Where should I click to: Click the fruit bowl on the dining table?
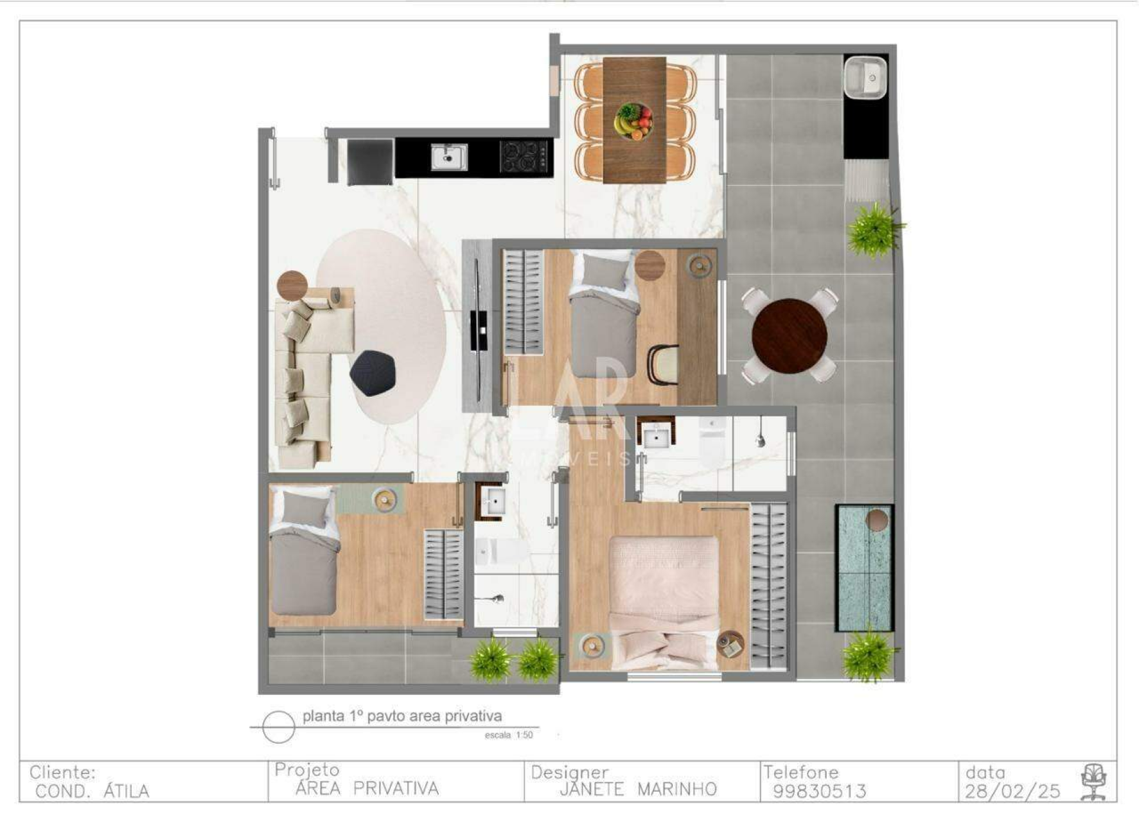click(x=633, y=121)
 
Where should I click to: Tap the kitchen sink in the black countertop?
click(x=449, y=157)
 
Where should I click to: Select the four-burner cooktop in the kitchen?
click(x=525, y=157)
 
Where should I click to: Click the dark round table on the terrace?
click(x=790, y=336)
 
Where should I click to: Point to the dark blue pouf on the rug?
click(x=373, y=372)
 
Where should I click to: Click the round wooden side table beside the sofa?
click(x=292, y=286)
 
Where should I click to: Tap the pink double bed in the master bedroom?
click(x=664, y=600)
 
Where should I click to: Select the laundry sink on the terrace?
click(x=865, y=78)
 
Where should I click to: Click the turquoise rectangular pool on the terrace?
click(x=864, y=568)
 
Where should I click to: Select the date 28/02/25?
click(x=1012, y=791)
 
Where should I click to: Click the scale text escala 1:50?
click(x=509, y=735)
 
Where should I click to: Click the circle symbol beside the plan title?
click(x=279, y=728)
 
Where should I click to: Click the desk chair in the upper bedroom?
click(x=663, y=365)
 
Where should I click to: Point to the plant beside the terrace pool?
click(x=869, y=655)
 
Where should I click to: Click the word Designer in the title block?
click(x=569, y=773)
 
